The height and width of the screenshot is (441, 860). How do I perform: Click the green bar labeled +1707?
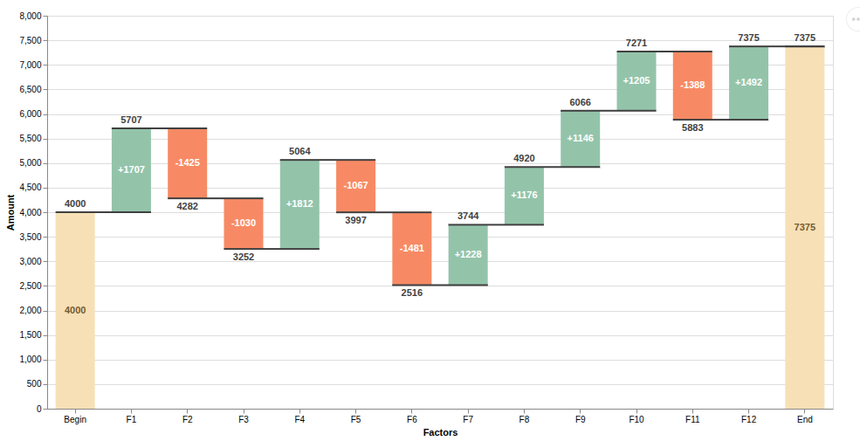131,170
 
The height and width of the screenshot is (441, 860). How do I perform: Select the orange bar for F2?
188,163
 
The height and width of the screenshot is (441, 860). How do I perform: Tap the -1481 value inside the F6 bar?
412,248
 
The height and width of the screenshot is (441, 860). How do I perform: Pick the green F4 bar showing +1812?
299,204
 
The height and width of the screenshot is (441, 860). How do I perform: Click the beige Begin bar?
75,310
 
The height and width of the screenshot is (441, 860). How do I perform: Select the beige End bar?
804,227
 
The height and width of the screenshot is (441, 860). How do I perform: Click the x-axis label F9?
580,420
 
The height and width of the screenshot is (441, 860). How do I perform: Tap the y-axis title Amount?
11,212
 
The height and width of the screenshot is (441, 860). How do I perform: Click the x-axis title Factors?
440,432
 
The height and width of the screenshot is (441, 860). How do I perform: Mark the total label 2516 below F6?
412,293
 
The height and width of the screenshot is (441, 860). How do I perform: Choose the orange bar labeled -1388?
692,86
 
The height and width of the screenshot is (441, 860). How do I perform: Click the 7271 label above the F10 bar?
636,43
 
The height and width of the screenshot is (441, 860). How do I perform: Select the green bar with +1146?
580,139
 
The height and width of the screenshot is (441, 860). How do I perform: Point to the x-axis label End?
804,420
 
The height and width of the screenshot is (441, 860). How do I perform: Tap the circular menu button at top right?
857,18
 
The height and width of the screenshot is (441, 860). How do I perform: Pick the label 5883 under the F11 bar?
692,127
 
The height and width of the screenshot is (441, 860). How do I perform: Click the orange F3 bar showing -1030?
244,224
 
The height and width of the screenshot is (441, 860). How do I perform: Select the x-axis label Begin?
75,420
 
